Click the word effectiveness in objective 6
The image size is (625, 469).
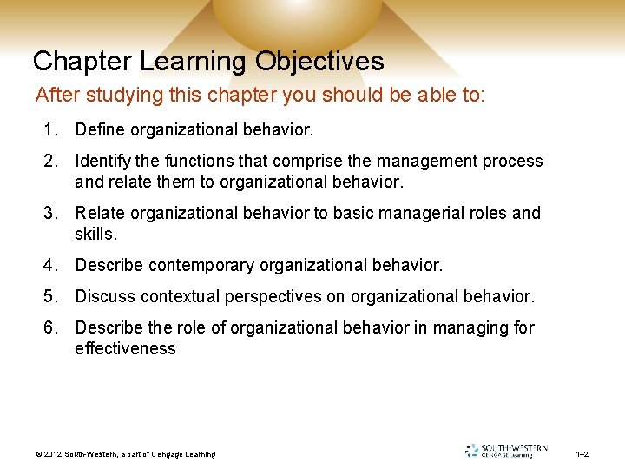(125, 348)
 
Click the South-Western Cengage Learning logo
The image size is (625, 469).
(507, 450)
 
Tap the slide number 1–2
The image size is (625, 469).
(582, 454)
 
